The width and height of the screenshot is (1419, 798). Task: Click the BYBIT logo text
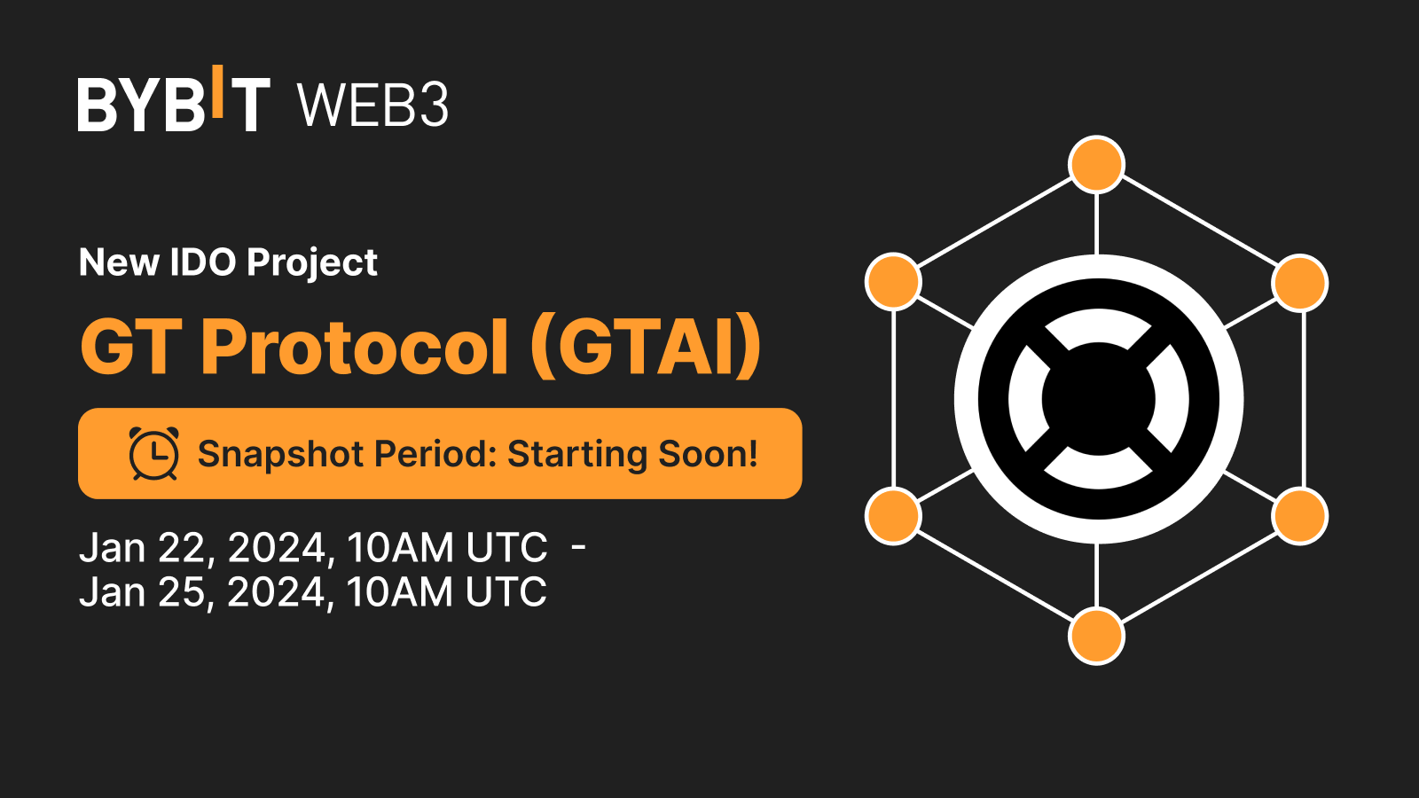click(x=174, y=105)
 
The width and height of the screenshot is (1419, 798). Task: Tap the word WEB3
click(x=372, y=106)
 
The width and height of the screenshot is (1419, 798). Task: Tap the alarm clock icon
click(x=154, y=453)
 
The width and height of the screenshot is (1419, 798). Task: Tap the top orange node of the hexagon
click(x=1097, y=165)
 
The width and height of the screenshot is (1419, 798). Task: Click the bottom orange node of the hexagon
click(x=1097, y=636)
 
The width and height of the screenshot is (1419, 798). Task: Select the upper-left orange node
click(x=893, y=282)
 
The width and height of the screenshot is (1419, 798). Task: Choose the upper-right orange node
click(x=1299, y=283)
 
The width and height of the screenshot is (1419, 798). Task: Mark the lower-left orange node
click(x=893, y=516)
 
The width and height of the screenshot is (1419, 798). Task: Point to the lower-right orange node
click(x=1299, y=516)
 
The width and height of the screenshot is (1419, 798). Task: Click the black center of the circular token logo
click(x=1098, y=399)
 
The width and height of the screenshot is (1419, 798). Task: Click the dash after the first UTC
click(x=578, y=547)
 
